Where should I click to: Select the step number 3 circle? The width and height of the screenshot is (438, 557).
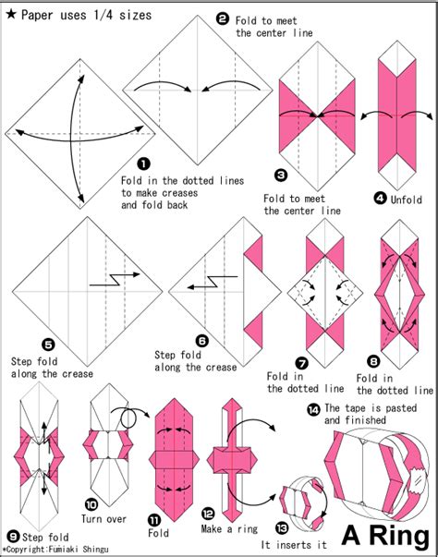click(282, 174)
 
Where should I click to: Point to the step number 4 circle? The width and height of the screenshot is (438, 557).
click(380, 197)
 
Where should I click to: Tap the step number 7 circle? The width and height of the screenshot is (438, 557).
click(301, 363)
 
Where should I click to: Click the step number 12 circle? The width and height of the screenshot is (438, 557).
click(208, 512)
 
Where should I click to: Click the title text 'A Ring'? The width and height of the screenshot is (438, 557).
click(386, 534)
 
